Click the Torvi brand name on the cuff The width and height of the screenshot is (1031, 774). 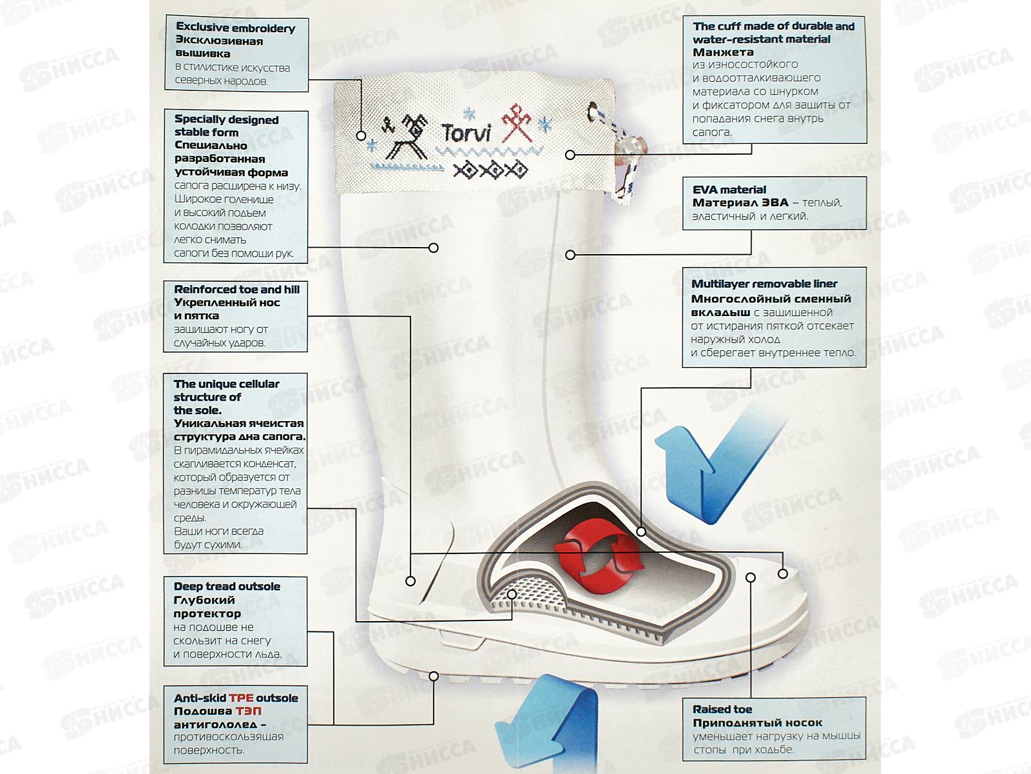(x=466, y=134)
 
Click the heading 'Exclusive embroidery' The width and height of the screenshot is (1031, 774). (x=235, y=28)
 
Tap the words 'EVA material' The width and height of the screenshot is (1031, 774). (x=729, y=190)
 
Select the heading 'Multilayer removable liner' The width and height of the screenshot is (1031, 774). (x=764, y=284)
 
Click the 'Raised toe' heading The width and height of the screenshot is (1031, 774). (x=722, y=709)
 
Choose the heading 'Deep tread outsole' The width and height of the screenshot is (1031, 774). (x=227, y=586)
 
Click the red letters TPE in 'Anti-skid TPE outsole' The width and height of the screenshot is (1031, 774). (x=241, y=698)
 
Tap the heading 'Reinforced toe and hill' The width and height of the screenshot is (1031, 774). (x=236, y=290)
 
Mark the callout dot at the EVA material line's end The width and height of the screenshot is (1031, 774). (x=570, y=255)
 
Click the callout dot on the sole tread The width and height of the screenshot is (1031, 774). (x=434, y=676)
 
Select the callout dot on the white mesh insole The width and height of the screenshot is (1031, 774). (x=512, y=594)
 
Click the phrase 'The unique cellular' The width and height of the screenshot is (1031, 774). (x=226, y=384)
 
